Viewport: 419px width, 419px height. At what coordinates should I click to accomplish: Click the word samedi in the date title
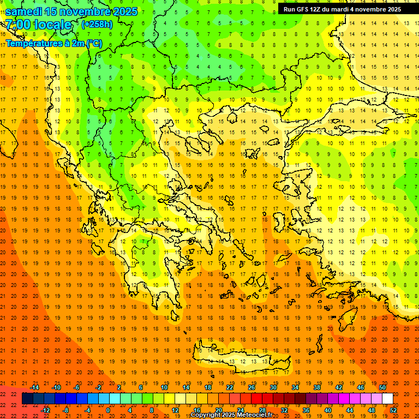25,11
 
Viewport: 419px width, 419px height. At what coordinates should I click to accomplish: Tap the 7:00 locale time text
38,25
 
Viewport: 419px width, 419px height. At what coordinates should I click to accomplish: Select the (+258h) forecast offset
97,25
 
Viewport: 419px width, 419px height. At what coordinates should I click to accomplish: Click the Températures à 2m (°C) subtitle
53,43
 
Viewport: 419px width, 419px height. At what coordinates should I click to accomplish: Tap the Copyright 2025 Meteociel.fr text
231,415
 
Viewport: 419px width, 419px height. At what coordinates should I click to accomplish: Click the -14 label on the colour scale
34,387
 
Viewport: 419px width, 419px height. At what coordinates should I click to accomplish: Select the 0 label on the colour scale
108,410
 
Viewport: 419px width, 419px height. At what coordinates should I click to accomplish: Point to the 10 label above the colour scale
164,387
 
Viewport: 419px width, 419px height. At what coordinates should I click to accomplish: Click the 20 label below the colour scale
218,410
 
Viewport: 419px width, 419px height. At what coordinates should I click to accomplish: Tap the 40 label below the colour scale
327,410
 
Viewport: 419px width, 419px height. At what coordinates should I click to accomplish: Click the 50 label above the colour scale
382,387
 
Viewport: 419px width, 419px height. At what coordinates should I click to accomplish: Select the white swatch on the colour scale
387,399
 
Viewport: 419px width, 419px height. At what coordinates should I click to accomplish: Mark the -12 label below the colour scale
45,410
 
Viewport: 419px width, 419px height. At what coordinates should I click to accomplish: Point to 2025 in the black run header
391,9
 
